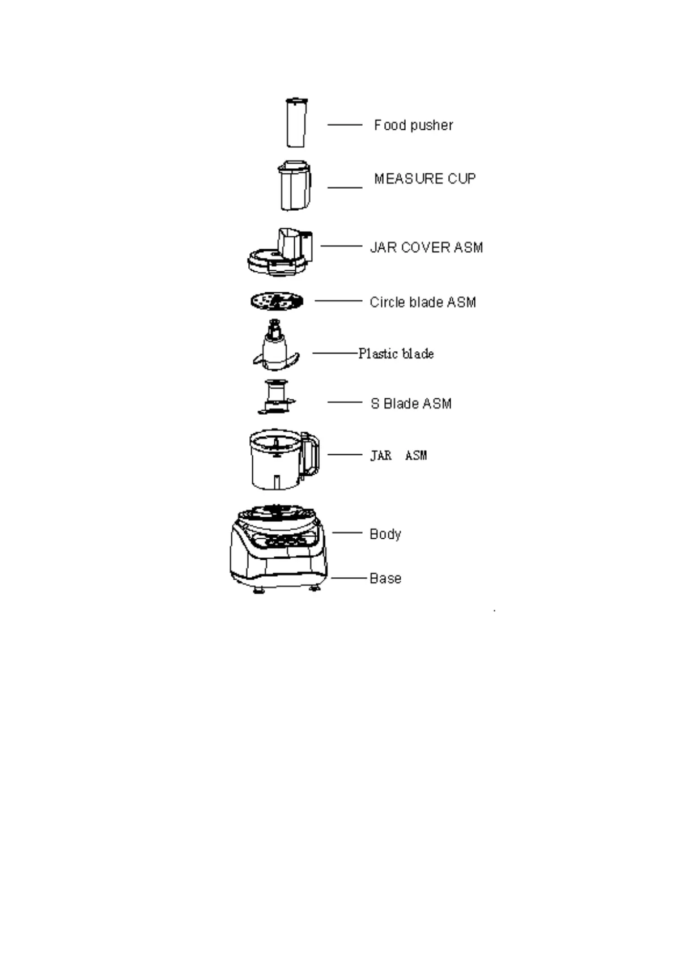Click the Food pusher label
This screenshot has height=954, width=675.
pyautogui.click(x=413, y=125)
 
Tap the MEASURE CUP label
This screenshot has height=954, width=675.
pyautogui.click(x=424, y=178)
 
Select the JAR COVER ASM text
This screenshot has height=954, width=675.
pyautogui.click(x=426, y=248)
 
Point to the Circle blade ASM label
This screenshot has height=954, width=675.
pyautogui.click(x=423, y=303)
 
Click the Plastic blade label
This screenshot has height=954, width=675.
pyautogui.click(x=396, y=354)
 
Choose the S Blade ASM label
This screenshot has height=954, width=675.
pyautogui.click(x=411, y=404)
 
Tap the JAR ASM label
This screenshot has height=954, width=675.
pyautogui.click(x=398, y=455)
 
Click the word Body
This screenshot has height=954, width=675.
pyautogui.click(x=385, y=534)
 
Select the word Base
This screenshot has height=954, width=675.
pyautogui.click(x=385, y=578)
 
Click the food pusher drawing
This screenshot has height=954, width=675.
pyautogui.click(x=296, y=123)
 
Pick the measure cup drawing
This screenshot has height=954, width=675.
pyautogui.click(x=295, y=185)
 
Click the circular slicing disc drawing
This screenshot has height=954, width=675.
pyautogui.click(x=277, y=301)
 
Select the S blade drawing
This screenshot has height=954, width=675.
pyautogui.click(x=276, y=397)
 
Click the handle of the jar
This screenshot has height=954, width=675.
pyautogui.click(x=310, y=454)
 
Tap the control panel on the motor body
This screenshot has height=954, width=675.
pyautogui.click(x=286, y=541)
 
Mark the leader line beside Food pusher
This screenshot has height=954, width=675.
pyautogui.click(x=345, y=125)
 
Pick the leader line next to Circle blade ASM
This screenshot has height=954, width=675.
pyautogui.click(x=338, y=301)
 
